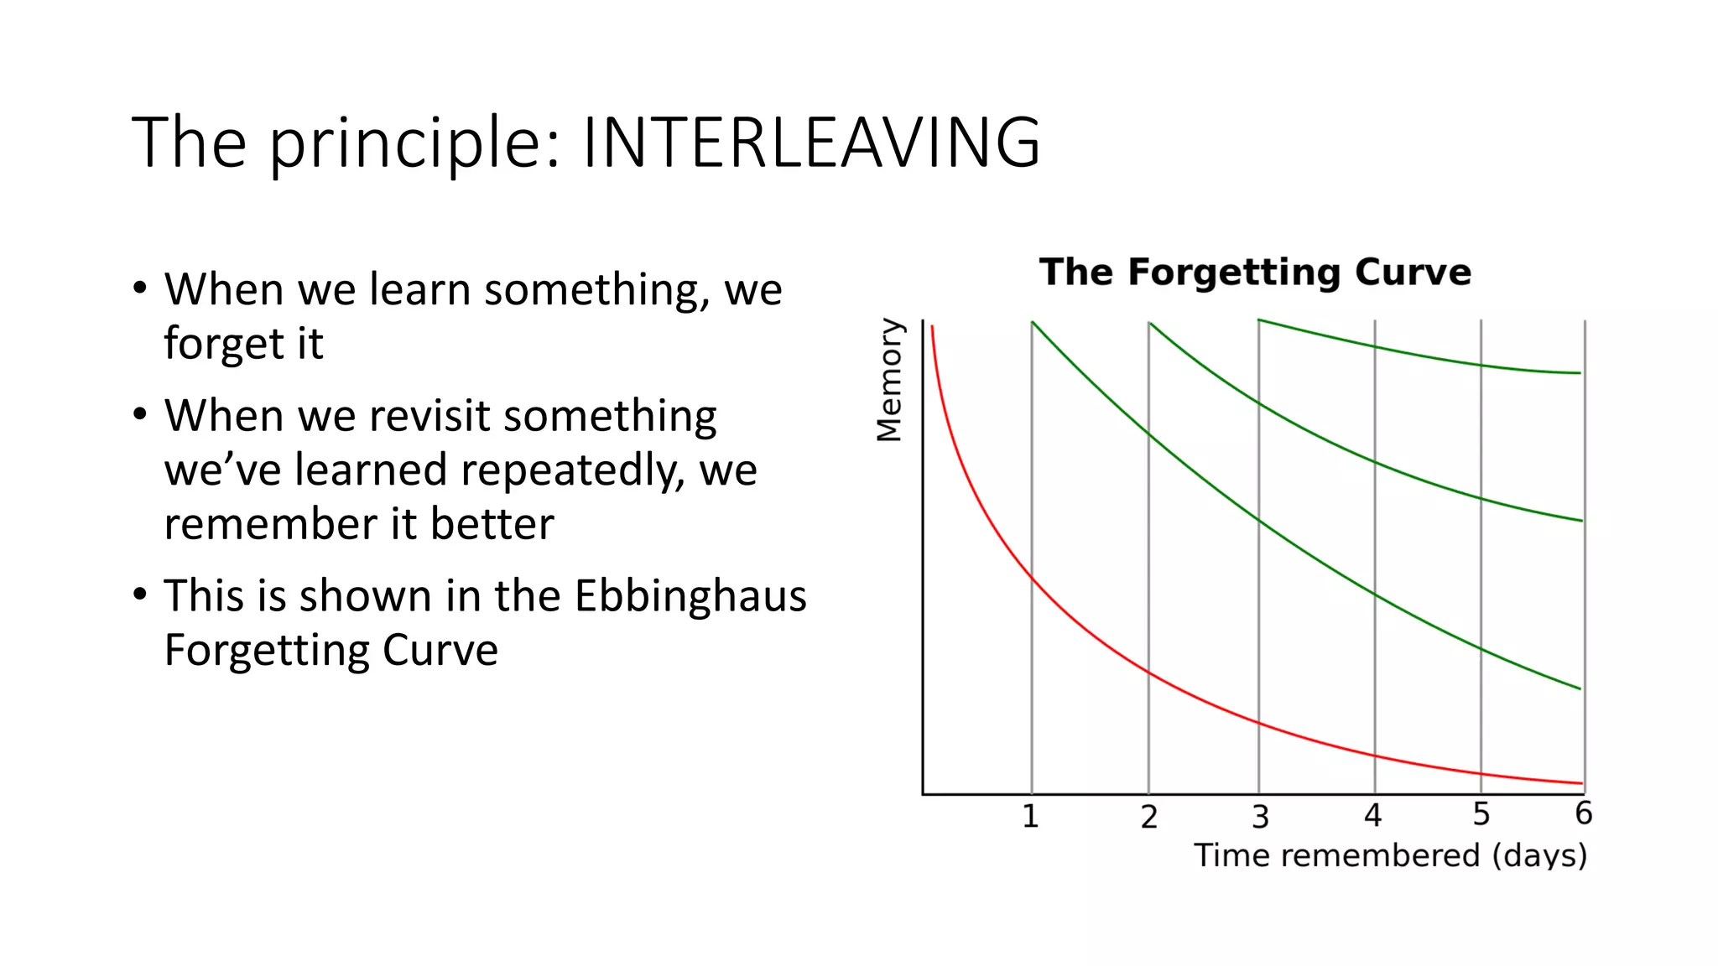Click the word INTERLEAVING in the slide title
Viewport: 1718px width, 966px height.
(810, 143)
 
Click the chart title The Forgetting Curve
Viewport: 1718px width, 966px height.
(1255, 273)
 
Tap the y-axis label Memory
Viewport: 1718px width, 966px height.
(889, 379)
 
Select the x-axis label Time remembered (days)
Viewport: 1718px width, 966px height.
(1390, 855)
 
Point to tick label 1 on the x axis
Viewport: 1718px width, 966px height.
(1030, 816)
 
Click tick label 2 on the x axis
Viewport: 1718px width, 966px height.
(1148, 817)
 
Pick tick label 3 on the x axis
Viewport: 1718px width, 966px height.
(1260, 817)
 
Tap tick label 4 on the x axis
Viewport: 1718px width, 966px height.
(1372, 815)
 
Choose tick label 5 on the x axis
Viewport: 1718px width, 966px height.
(1481, 814)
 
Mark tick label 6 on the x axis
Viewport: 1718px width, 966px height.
(1583, 813)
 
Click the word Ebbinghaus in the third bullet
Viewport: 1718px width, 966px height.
(690, 596)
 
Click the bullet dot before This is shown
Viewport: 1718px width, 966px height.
(140, 594)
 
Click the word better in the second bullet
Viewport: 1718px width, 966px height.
(492, 524)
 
